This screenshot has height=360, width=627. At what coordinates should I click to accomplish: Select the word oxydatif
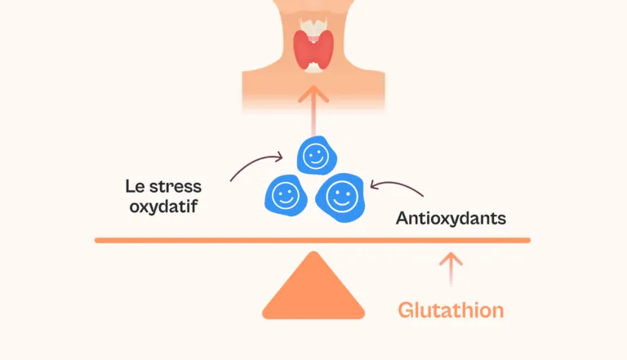[164, 206]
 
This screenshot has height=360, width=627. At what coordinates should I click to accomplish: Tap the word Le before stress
[136, 185]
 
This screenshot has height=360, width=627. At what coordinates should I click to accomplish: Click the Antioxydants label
[451, 219]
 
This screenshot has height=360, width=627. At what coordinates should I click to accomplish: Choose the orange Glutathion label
[451, 310]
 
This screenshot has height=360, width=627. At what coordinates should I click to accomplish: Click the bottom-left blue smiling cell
[284, 196]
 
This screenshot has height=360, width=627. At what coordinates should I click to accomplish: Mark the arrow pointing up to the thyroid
[313, 102]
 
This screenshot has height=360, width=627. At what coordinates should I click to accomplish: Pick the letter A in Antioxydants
[402, 219]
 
